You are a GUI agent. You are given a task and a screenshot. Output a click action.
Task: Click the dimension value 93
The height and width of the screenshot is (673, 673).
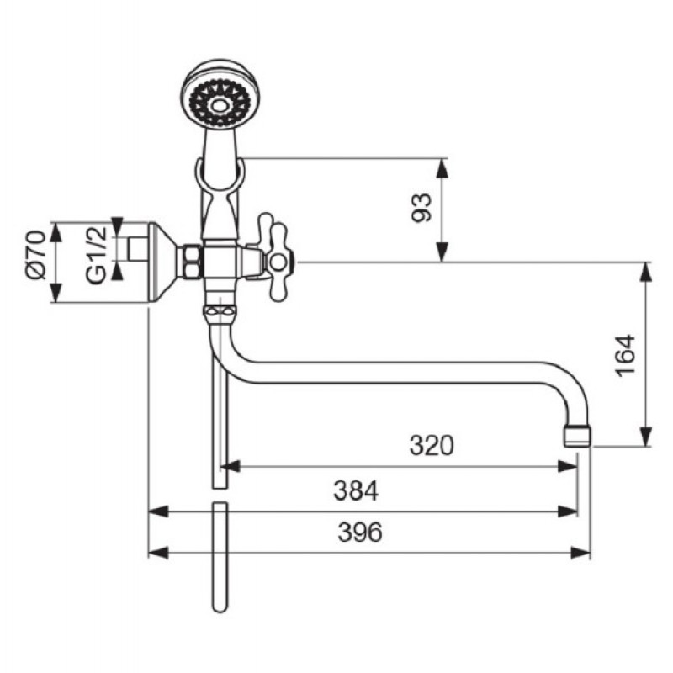click(421, 208)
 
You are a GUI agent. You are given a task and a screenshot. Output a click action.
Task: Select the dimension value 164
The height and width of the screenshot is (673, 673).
click(625, 355)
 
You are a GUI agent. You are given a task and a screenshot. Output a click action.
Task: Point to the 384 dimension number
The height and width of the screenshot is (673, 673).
click(356, 490)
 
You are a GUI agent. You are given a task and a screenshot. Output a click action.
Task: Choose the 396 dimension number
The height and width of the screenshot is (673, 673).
click(360, 532)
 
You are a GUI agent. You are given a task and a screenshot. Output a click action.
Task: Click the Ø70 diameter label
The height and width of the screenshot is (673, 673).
click(36, 255)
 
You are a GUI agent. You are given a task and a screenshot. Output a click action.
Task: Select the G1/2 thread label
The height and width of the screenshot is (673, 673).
click(96, 255)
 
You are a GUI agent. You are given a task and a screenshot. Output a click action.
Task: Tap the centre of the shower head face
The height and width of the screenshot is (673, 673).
click(220, 104)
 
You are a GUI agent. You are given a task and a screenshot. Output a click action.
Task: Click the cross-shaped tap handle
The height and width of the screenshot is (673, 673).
click(276, 257)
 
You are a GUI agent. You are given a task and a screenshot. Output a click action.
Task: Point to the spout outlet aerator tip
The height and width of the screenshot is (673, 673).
click(577, 436)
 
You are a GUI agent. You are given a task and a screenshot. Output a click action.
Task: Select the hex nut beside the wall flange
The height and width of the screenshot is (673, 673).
click(192, 262)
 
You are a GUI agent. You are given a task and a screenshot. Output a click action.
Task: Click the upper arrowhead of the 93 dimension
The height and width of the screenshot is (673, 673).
click(442, 167)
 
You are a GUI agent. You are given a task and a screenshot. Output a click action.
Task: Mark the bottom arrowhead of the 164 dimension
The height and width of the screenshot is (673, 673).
click(645, 437)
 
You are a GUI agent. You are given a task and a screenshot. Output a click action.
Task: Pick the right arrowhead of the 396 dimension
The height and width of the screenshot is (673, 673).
click(581, 553)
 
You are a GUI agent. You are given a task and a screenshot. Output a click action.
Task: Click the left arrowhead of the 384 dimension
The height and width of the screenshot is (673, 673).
click(158, 511)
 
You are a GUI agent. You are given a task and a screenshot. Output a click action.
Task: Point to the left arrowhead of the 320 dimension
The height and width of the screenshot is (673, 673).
click(230, 466)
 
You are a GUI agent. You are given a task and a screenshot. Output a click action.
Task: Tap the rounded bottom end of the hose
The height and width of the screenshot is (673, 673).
click(220, 607)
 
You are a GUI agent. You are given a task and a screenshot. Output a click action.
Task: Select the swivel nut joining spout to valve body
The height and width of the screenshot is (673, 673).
click(220, 313)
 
